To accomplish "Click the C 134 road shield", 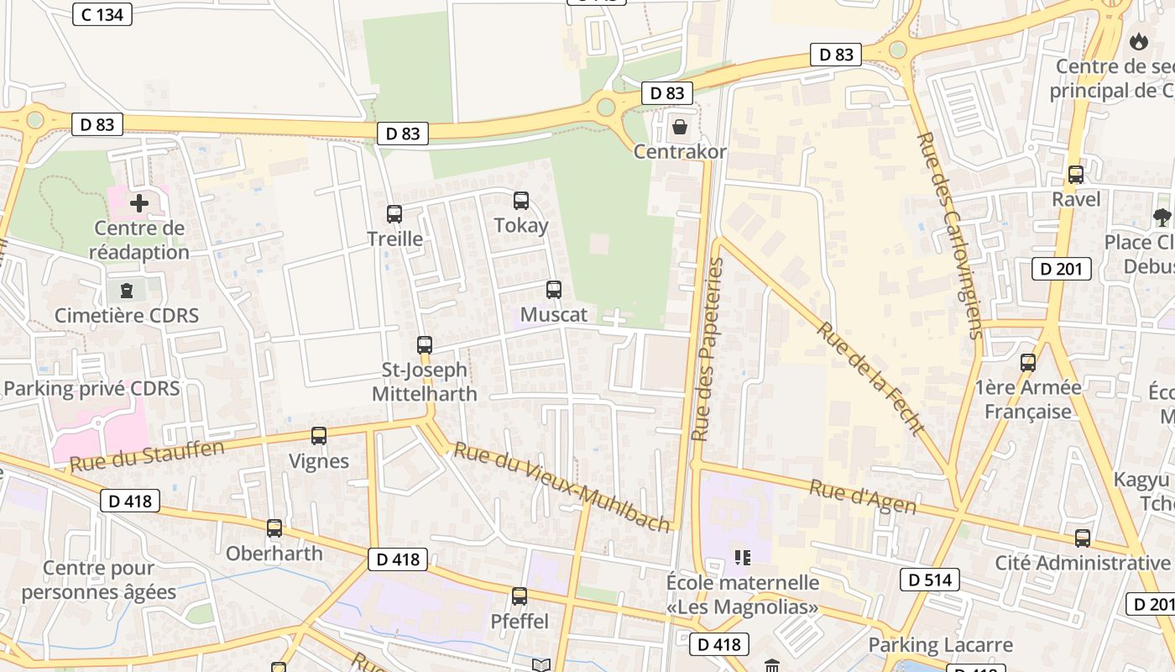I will point(102,14).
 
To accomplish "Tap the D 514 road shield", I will point(929,580).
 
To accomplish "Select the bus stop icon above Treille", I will point(394,214).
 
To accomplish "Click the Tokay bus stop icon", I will point(521,201).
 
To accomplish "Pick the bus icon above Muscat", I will point(554,290).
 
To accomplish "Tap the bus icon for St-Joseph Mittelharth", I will point(425,345).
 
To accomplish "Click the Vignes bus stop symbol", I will point(319,436).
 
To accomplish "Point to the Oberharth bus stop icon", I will point(274,528).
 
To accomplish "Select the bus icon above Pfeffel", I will point(520,596).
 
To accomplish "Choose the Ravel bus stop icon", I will point(1076,175).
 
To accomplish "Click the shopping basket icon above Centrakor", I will point(680,127).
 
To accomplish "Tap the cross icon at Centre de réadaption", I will point(139,203).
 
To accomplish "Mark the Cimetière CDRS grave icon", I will point(127,291).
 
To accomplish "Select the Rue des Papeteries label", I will point(707,349).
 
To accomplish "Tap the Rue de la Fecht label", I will point(870,378).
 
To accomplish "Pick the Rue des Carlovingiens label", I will point(951,235).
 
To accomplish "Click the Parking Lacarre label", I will point(940,645).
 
